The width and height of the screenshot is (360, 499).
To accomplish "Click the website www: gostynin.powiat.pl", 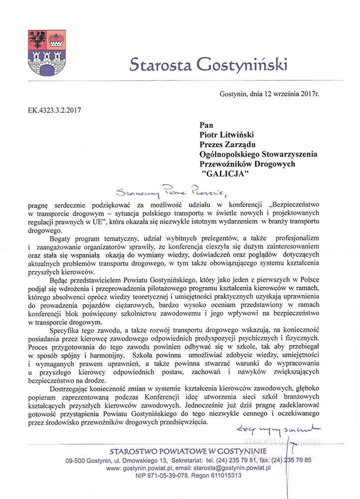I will pyautogui.click(x=143, y=468).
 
